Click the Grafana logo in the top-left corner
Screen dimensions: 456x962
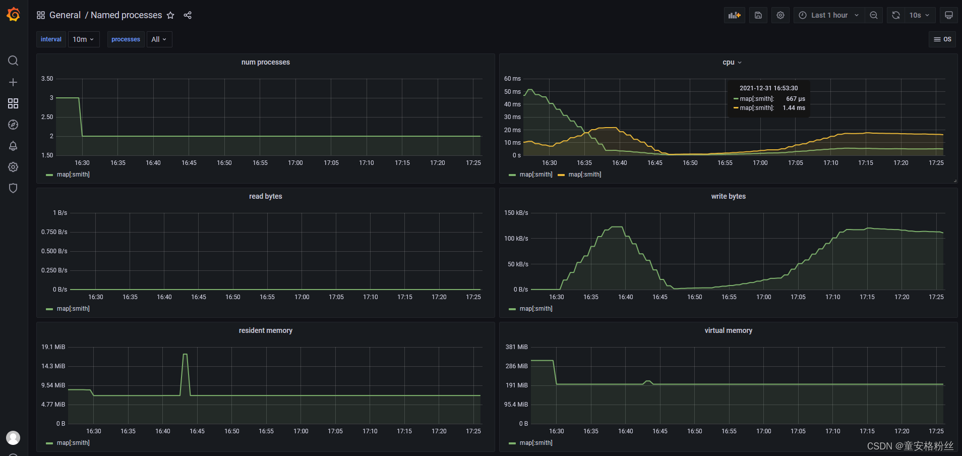coord(14,15)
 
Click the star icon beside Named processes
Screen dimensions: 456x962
coord(170,15)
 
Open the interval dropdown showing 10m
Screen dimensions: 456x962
coord(83,39)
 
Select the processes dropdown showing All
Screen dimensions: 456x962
coord(159,39)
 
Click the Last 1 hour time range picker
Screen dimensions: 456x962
coord(829,15)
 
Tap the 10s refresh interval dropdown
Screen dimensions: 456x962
coord(919,15)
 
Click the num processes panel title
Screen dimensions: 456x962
coord(265,62)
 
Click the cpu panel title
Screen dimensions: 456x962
coord(728,62)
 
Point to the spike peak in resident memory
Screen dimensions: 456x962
coord(185,355)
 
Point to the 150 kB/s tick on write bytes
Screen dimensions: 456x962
coord(516,213)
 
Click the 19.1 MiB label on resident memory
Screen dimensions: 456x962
coord(53,347)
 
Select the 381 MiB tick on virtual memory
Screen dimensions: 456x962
coord(516,347)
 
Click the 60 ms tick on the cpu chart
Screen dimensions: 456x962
coord(512,79)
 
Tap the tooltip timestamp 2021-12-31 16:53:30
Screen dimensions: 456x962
coord(768,88)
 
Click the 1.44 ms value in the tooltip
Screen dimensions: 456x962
coord(794,108)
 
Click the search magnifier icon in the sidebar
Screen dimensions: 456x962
coord(13,61)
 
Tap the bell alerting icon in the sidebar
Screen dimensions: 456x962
coord(13,146)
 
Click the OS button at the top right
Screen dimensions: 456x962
coord(942,39)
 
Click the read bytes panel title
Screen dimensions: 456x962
coord(265,196)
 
